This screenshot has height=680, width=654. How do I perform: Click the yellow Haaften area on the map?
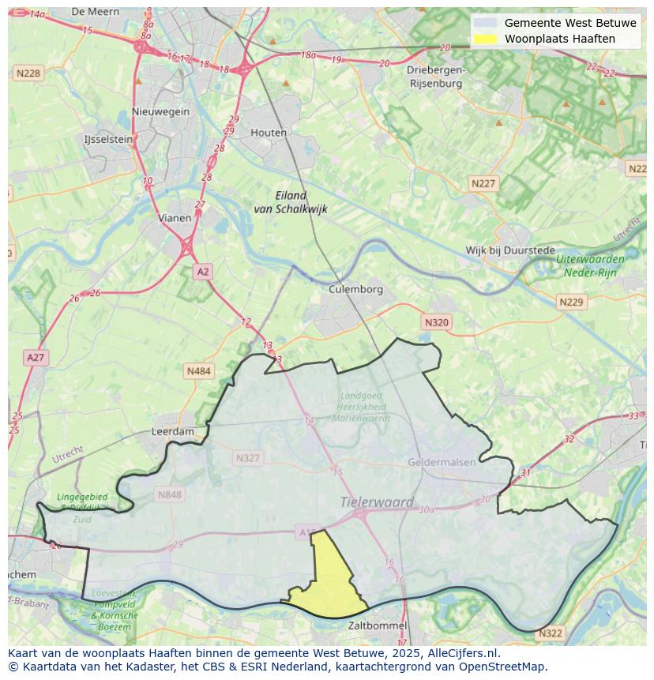(x=330, y=580)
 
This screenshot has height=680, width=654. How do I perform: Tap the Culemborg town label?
(x=355, y=289)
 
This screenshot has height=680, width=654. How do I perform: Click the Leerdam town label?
(x=172, y=432)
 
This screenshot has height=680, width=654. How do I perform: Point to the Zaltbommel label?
(x=378, y=626)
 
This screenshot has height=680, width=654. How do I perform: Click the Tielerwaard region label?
(x=377, y=502)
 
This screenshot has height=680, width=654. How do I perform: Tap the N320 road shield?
(x=436, y=322)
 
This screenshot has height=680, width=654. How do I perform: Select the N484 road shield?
(x=199, y=370)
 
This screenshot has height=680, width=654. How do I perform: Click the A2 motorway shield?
(x=203, y=272)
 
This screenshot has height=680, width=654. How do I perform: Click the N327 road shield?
(x=247, y=457)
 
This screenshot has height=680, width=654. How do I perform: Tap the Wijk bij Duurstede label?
(x=510, y=250)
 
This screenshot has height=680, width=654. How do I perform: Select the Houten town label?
(x=269, y=133)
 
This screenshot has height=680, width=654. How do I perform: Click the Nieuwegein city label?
(x=161, y=111)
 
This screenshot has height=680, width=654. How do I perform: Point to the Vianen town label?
(x=174, y=218)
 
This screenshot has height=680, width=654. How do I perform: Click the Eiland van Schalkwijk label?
(x=290, y=202)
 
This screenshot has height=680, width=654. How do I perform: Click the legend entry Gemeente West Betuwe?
(x=569, y=23)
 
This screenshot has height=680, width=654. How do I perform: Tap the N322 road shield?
(x=550, y=633)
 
